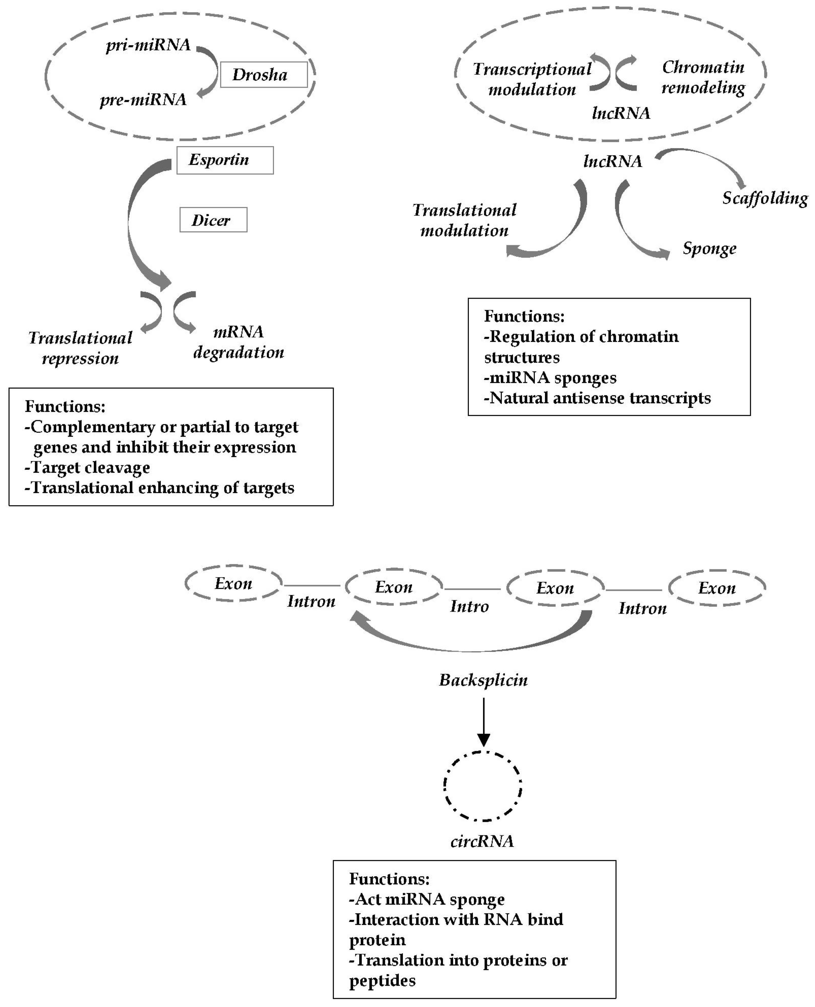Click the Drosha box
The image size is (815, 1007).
pyautogui.click(x=263, y=75)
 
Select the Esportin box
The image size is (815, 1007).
pyautogui.click(x=225, y=160)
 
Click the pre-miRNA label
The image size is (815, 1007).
pyautogui.click(x=143, y=99)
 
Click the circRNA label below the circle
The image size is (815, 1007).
pyautogui.click(x=482, y=841)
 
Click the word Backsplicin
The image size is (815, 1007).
pyautogui.click(x=483, y=680)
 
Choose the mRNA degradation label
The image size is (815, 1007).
pyautogui.click(x=239, y=342)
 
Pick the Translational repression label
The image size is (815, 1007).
pyautogui.click(x=80, y=348)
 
